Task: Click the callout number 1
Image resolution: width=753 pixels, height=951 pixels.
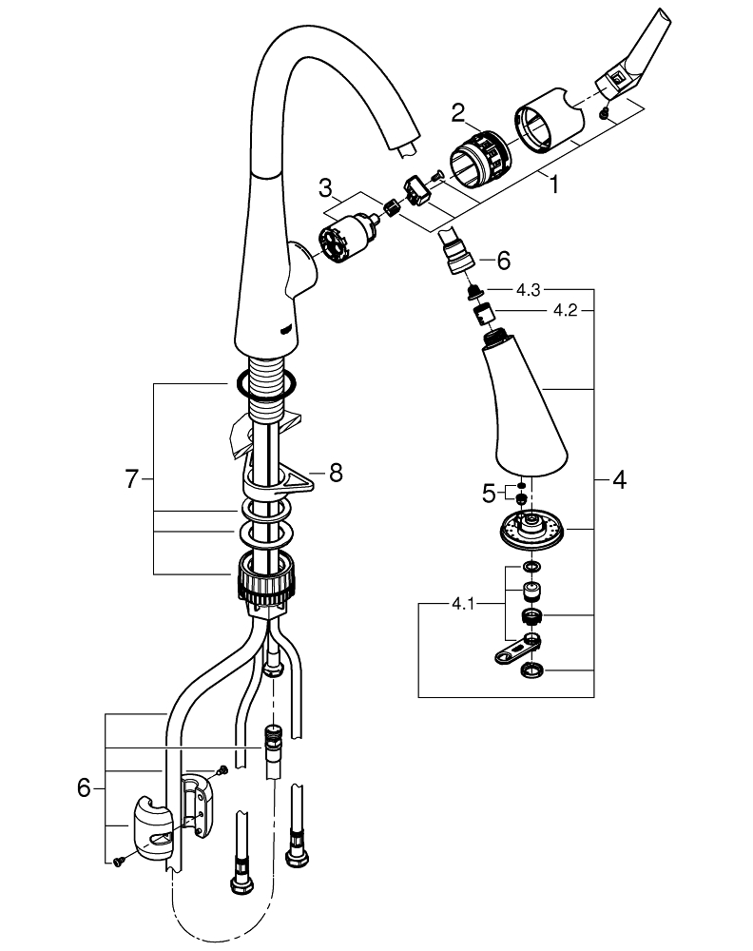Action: click(553, 186)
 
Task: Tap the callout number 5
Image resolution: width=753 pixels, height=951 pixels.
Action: click(488, 493)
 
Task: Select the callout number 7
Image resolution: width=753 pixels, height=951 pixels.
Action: click(132, 480)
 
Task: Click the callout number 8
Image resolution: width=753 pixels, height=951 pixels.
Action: click(336, 472)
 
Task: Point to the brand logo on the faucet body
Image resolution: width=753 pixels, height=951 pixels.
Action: click(287, 328)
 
